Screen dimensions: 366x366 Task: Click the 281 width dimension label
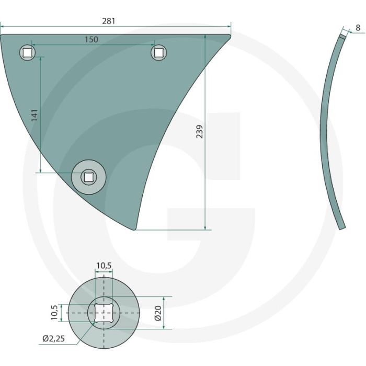click(109, 21)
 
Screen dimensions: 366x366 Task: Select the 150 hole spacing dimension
click(92, 39)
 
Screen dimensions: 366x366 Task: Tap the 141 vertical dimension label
click(35, 115)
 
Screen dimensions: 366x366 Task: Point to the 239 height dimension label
click(200, 131)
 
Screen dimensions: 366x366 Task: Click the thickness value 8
click(358, 28)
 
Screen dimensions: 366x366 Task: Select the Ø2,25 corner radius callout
click(54, 338)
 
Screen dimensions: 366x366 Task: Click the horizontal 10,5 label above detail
click(104, 266)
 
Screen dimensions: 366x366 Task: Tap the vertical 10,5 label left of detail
click(54, 313)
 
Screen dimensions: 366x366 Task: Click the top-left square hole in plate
click(27, 52)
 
